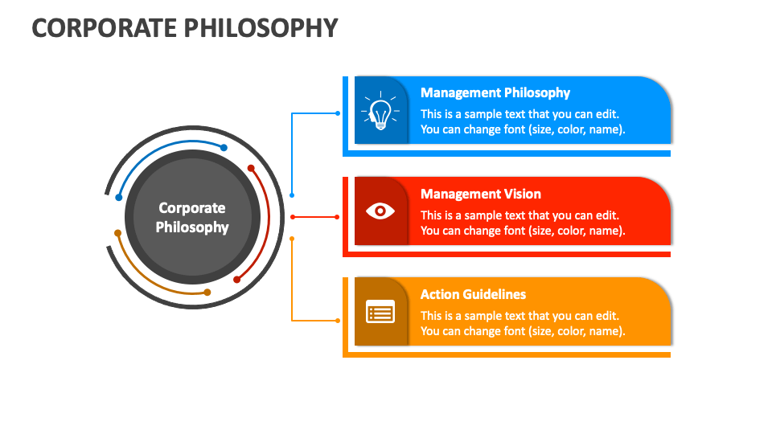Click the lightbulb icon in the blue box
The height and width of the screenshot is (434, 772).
tap(380, 111)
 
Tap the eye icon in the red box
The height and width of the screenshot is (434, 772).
tap(380, 211)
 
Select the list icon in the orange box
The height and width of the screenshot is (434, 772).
tap(380, 312)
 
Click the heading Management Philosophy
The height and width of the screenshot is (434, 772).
tap(495, 92)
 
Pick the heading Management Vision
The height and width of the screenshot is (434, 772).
tap(480, 194)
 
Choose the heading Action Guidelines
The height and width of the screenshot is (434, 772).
tap(473, 294)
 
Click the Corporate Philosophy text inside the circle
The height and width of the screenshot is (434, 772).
tap(192, 217)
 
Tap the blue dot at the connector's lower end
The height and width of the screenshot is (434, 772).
tap(292, 194)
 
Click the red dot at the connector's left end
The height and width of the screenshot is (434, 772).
tap(292, 217)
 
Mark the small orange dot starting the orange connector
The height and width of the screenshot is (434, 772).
tap(292, 239)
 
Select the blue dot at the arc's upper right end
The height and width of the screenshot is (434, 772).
tap(224, 148)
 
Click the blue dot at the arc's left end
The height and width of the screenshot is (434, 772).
tap(119, 197)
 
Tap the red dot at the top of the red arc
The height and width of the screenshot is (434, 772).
tap(251, 169)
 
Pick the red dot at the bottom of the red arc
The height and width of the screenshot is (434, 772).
tap(236, 280)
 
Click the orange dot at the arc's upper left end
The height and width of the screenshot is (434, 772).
tap(118, 234)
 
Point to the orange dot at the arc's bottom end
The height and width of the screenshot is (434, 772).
tap(207, 293)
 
